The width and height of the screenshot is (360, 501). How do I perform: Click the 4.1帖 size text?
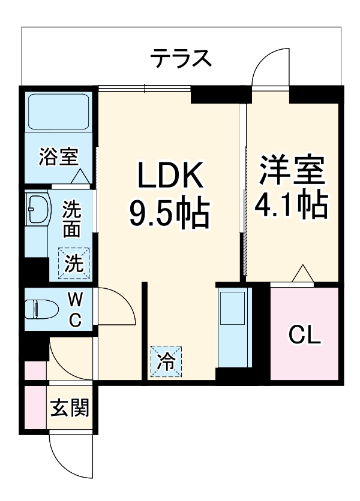pyautogui.click(x=292, y=206)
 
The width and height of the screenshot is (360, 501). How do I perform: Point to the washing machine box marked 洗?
pyautogui.click(x=73, y=263)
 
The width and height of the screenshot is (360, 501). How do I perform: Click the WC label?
pyautogui.click(x=74, y=309)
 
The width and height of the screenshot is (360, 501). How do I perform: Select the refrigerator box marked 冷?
pyautogui.click(x=165, y=361)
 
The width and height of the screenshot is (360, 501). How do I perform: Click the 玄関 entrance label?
pyautogui.click(x=70, y=409)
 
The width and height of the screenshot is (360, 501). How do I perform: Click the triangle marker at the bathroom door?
pyautogui.click(x=80, y=177)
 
